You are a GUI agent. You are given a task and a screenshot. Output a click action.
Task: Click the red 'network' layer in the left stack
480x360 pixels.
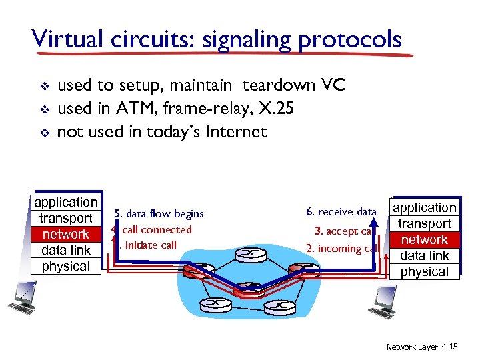(65, 234)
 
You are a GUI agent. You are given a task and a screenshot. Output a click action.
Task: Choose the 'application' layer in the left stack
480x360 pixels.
(65, 202)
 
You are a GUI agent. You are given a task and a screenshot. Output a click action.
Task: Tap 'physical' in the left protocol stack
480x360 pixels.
(65, 266)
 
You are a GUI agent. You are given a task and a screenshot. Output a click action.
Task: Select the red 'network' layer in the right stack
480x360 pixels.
(425, 239)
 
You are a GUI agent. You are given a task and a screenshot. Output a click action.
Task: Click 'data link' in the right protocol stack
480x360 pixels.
(425, 255)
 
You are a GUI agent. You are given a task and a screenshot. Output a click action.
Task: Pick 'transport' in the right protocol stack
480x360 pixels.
(425, 223)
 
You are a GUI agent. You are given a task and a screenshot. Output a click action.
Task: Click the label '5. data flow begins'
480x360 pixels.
(159, 214)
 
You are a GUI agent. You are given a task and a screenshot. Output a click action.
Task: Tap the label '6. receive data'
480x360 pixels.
(341, 212)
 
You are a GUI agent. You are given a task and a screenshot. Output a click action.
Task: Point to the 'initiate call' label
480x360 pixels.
(151, 245)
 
